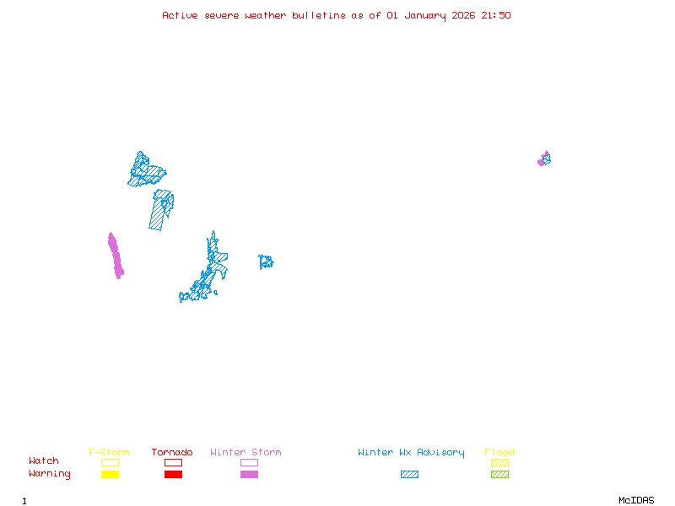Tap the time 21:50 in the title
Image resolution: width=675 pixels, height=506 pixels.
496,15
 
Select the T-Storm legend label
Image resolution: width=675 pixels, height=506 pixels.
109,453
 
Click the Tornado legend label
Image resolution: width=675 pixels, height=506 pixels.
172,453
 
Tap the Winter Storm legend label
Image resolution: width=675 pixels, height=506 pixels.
246,453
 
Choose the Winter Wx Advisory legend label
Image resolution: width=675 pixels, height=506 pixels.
411,453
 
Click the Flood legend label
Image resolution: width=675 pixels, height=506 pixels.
499,453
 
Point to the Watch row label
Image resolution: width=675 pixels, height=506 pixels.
44,461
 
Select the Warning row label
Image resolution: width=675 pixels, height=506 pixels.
50,474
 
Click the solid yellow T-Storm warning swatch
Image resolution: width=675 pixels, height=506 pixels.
110,475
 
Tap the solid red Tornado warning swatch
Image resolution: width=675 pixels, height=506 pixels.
173,475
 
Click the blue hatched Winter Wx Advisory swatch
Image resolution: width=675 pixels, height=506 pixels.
409,475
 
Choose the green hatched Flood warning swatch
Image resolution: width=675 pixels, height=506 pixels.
499,475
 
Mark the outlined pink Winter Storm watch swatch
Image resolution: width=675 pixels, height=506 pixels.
249,462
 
